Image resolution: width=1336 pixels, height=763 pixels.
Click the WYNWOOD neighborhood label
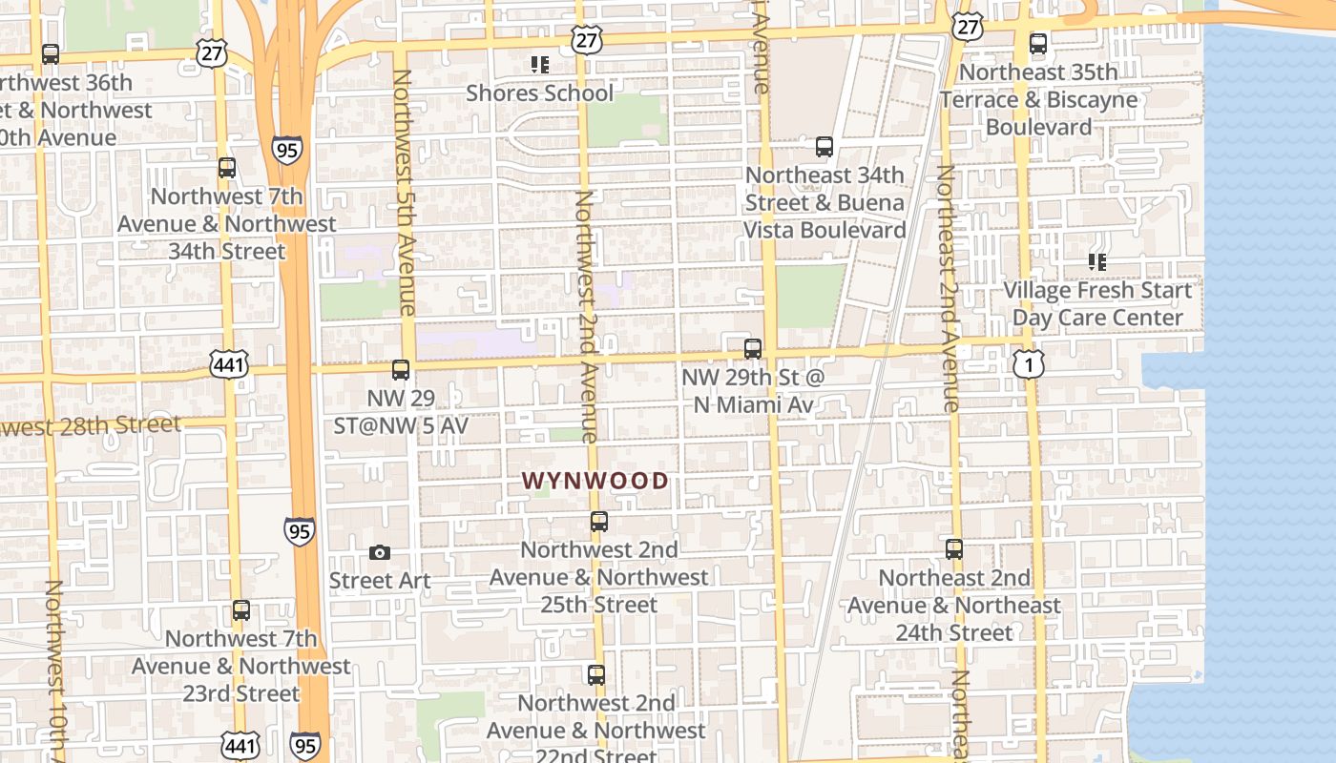595,481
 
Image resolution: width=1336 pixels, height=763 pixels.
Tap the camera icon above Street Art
379,553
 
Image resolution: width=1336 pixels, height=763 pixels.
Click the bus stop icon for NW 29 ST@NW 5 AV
401,369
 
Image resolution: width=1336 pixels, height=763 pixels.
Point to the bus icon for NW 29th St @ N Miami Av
753,348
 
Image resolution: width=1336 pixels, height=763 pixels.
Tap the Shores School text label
539,93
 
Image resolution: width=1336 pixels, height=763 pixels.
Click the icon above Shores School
540,65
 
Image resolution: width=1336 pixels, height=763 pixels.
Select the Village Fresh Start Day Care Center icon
1097,261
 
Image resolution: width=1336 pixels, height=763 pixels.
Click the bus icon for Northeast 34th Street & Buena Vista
825,147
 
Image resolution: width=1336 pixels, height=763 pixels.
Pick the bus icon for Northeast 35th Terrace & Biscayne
1038,44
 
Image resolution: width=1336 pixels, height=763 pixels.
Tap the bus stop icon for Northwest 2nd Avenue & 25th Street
599,522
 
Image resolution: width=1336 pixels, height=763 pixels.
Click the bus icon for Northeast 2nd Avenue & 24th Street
954,549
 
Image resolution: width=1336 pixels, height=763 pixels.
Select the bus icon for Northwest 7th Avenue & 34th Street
227,168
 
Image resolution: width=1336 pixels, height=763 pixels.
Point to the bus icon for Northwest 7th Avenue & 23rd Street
241,610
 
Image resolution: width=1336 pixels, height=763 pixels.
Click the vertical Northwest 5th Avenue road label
404,191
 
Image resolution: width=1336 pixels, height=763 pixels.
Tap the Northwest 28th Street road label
91,425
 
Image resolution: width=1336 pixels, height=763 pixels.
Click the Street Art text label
380,581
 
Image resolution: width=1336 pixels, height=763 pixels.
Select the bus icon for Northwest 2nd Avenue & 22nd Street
596,675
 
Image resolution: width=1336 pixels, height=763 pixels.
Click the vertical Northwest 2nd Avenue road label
585,315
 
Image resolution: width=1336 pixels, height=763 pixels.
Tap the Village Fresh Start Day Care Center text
1097,303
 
